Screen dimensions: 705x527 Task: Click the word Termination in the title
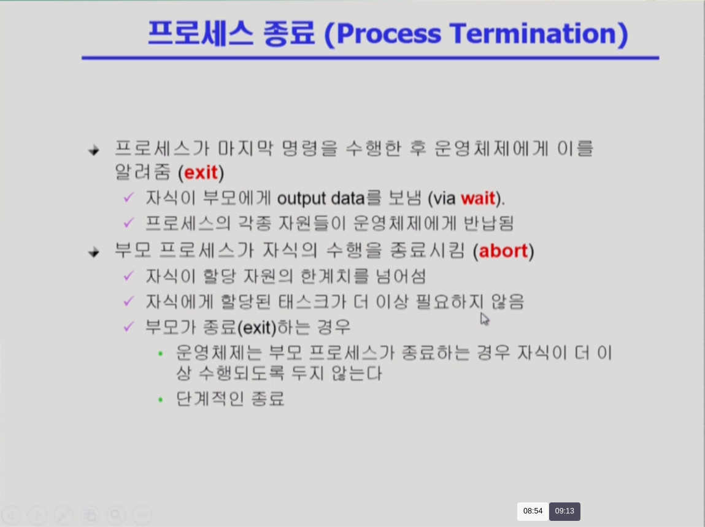coord(533,33)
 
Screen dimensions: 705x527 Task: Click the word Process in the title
coord(389,34)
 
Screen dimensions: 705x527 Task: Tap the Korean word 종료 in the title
coord(289,33)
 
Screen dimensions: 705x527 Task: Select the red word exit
coord(201,173)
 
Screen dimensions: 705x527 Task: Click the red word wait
coord(478,198)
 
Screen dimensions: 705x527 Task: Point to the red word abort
coord(504,251)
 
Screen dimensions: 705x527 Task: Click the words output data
coord(320,198)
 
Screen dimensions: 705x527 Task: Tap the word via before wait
coord(444,198)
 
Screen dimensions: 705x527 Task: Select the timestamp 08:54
coord(533,511)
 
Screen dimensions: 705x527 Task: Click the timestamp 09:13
coord(564,511)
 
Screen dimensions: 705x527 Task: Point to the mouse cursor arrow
coord(484,319)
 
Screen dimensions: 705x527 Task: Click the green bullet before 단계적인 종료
coord(161,399)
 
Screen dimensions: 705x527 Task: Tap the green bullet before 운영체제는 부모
coord(161,354)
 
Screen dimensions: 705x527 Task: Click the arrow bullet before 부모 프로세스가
coord(93,252)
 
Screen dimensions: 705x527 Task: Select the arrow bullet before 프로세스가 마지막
coord(93,150)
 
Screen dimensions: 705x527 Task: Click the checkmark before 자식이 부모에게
coord(129,197)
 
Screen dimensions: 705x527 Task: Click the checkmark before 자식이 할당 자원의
coord(129,275)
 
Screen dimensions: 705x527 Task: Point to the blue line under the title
coord(370,58)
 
